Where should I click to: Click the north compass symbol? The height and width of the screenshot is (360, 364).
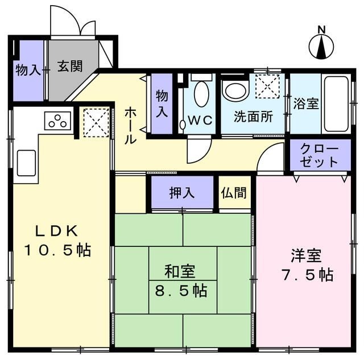click(321, 46)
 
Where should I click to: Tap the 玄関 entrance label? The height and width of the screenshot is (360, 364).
click(70, 67)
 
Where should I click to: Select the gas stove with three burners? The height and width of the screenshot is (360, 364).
click(57, 121)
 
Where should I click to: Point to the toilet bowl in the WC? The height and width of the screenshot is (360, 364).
click(201, 94)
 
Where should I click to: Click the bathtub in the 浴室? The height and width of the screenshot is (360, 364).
click(336, 104)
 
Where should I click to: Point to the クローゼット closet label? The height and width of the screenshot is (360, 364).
click(319, 155)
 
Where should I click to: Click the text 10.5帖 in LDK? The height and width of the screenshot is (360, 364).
click(57, 250)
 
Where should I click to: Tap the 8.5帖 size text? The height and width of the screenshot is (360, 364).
click(181, 291)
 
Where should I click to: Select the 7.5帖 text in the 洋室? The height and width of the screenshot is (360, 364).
click(307, 275)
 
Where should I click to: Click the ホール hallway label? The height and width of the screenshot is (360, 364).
click(130, 126)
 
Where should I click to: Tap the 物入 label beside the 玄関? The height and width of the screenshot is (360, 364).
click(28, 69)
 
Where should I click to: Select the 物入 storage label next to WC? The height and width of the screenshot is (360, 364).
click(162, 104)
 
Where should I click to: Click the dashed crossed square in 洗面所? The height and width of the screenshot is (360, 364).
click(267, 86)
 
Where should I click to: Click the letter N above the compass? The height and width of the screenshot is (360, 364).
click(321, 30)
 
